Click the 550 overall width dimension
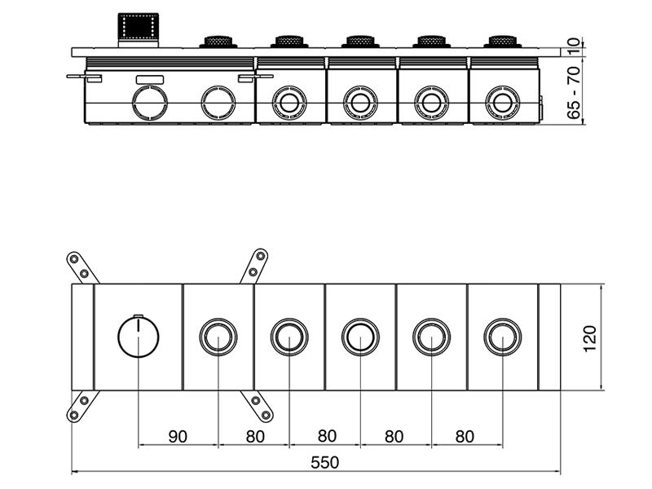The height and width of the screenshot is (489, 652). (x=324, y=462)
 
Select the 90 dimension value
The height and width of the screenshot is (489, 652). (x=178, y=436)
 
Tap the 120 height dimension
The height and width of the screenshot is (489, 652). (x=590, y=337)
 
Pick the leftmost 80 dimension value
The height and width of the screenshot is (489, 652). (x=254, y=436)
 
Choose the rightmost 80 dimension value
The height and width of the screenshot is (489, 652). (x=465, y=436)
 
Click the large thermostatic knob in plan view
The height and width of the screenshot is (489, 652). (x=139, y=337)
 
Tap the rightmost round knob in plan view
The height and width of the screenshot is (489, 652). (x=502, y=337)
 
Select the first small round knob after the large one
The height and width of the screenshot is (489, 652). (x=218, y=337)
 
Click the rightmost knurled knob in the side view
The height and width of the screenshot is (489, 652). (x=503, y=41)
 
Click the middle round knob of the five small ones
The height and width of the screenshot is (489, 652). (x=360, y=337)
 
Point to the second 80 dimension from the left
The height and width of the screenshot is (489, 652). (x=325, y=436)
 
